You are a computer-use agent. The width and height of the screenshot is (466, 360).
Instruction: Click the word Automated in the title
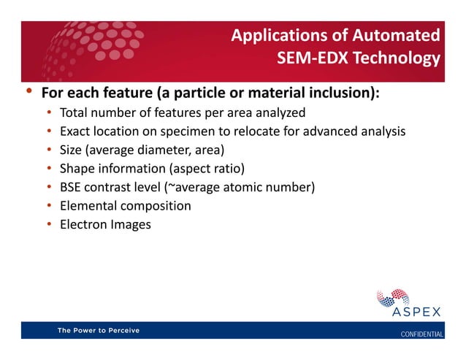pyautogui.click(x=399, y=34)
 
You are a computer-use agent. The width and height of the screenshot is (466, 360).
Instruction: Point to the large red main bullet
pyautogui.click(x=28, y=92)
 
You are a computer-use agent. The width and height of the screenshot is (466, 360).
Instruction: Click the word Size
pyautogui.click(x=72, y=150)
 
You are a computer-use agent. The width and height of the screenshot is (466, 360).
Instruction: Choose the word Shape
pyautogui.click(x=77, y=169)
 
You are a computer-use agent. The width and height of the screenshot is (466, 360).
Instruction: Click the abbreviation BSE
pyautogui.click(x=72, y=187)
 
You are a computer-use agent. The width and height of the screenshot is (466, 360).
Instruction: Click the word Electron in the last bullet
pyautogui.click(x=83, y=224)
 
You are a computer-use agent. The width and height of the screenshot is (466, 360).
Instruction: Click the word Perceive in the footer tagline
pyautogui.click(x=121, y=330)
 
